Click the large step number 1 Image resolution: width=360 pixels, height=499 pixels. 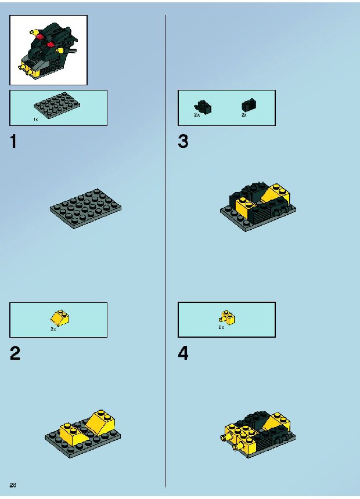(x=13, y=142)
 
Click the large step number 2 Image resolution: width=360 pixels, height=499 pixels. (x=15, y=353)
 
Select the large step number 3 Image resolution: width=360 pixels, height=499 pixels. (x=183, y=142)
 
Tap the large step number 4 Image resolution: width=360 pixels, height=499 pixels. (x=183, y=353)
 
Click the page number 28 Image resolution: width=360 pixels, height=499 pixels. (x=13, y=485)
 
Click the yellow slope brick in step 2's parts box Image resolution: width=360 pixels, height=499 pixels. (x=60, y=317)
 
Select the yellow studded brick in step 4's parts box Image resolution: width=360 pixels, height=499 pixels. (x=228, y=317)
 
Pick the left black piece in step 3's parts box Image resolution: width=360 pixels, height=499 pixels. (x=203, y=107)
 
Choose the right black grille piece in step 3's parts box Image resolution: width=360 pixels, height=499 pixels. (x=249, y=105)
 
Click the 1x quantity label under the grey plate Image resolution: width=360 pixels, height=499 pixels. (x=35, y=120)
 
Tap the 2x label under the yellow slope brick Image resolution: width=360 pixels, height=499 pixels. (x=53, y=330)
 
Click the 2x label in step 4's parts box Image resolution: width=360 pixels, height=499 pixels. (x=221, y=327)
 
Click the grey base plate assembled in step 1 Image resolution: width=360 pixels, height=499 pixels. (x=85, y=208)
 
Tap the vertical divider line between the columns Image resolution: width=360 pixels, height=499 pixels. (x=165, y=251)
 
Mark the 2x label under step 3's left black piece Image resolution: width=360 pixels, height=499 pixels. (x=197, y=115)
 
